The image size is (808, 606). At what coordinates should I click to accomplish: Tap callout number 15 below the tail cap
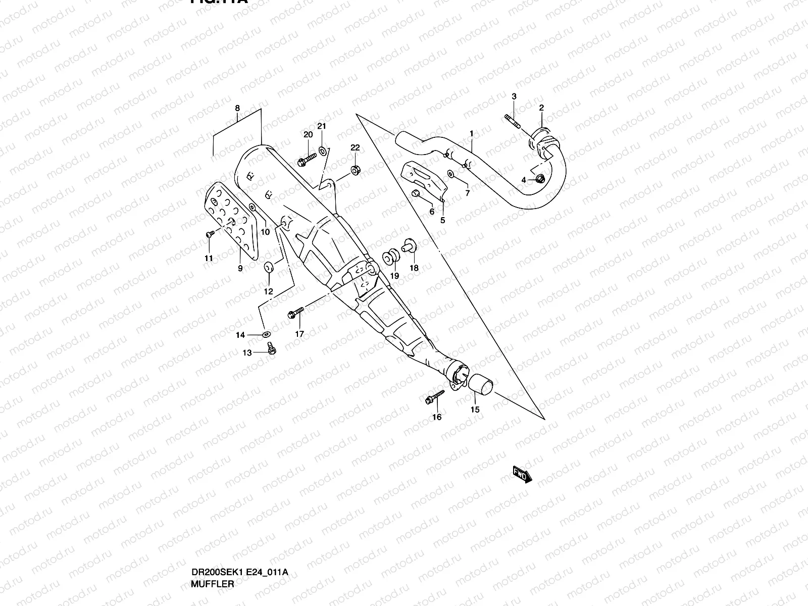pos(475,410)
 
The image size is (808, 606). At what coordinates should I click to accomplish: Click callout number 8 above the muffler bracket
pos(237,108)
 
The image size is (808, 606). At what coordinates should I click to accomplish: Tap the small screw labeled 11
pos(209,234)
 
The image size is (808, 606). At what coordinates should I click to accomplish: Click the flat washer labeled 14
pos(266,334)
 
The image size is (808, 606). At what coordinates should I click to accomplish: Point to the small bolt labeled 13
pos(272,348)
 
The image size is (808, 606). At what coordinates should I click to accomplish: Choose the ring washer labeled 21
pos(323,151)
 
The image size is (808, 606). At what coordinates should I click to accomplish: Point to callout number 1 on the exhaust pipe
pos(471,134)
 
